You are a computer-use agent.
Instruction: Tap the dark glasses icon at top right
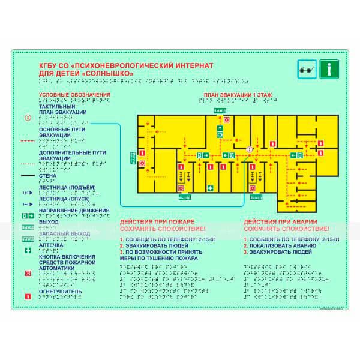coord(306,70)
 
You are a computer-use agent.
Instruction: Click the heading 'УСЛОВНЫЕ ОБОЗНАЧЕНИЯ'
coord(74,95)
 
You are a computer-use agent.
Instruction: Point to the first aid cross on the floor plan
coord(210,189)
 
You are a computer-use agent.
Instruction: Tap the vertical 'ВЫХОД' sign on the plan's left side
coord(132,157)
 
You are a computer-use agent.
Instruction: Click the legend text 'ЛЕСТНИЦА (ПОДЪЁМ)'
coord(67,187)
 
